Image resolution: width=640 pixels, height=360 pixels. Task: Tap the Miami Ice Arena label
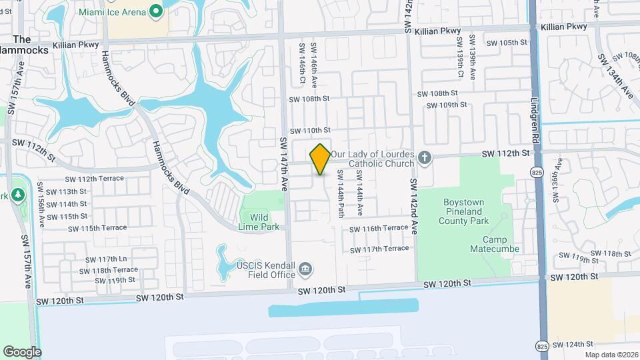pyautogui.click(x=112, y=12)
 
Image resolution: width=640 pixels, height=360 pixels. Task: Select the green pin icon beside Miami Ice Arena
pyautogui.click(x=156, y=11)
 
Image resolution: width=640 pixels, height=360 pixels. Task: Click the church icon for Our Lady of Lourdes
pyautogui.click(x=425, y=159)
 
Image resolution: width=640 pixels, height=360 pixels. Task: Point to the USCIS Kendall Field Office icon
pyautogui.click(x=305, y=269)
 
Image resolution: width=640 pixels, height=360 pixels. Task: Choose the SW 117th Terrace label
pyautogui.click(x=379, y=249)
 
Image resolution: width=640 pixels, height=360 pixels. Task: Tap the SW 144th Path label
pyautogui.click(x=340, y=193)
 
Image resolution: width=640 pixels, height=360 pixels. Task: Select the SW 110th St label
pyautogui.click(x=309, y=130)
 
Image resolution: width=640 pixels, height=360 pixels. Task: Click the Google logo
pyautogui.click(x=22, y=352)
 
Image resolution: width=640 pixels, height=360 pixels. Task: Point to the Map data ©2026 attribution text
pyautogui.click(x=611, y=355)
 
